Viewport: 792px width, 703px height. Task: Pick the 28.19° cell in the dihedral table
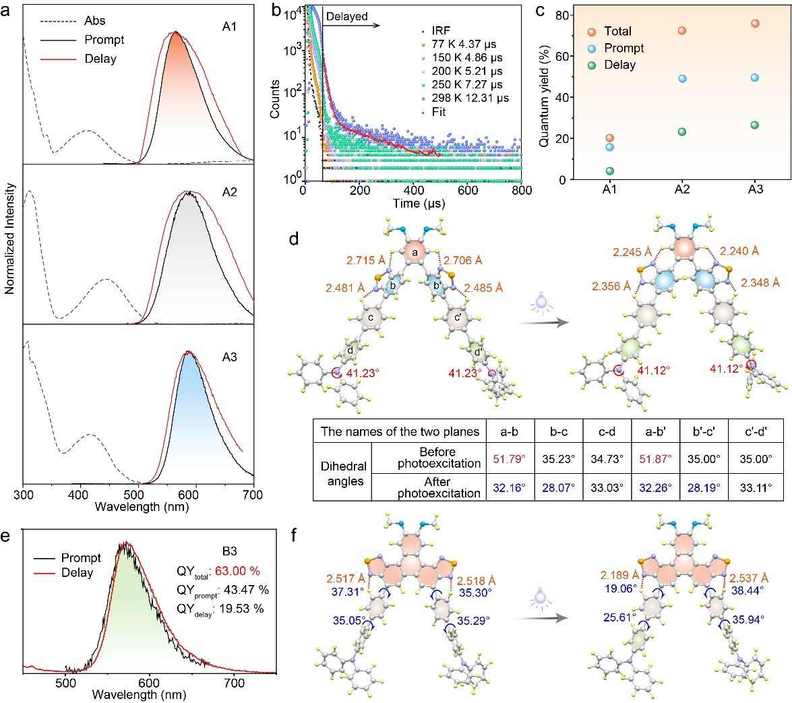click(x=696, y=486)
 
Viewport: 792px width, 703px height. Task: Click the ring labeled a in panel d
click(x=415, y=251)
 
